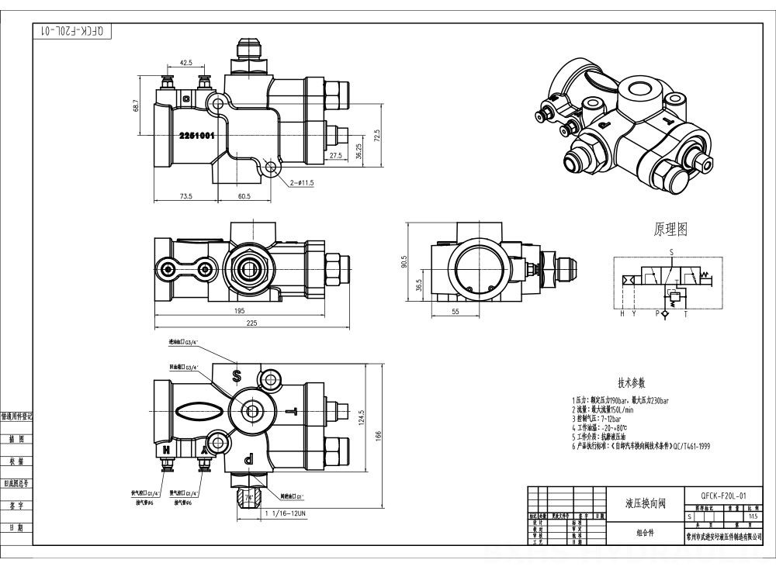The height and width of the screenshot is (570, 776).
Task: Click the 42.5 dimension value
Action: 186,62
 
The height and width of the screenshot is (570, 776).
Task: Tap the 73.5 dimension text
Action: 186,197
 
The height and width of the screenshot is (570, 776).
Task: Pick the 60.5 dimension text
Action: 244,197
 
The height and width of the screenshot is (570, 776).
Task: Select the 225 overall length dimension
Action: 252,324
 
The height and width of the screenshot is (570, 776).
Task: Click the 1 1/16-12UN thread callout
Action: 286,513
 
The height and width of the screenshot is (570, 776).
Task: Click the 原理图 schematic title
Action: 670,230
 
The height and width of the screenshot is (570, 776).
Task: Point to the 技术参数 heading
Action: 631,383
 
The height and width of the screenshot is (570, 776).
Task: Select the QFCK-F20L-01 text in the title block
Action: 723,494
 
